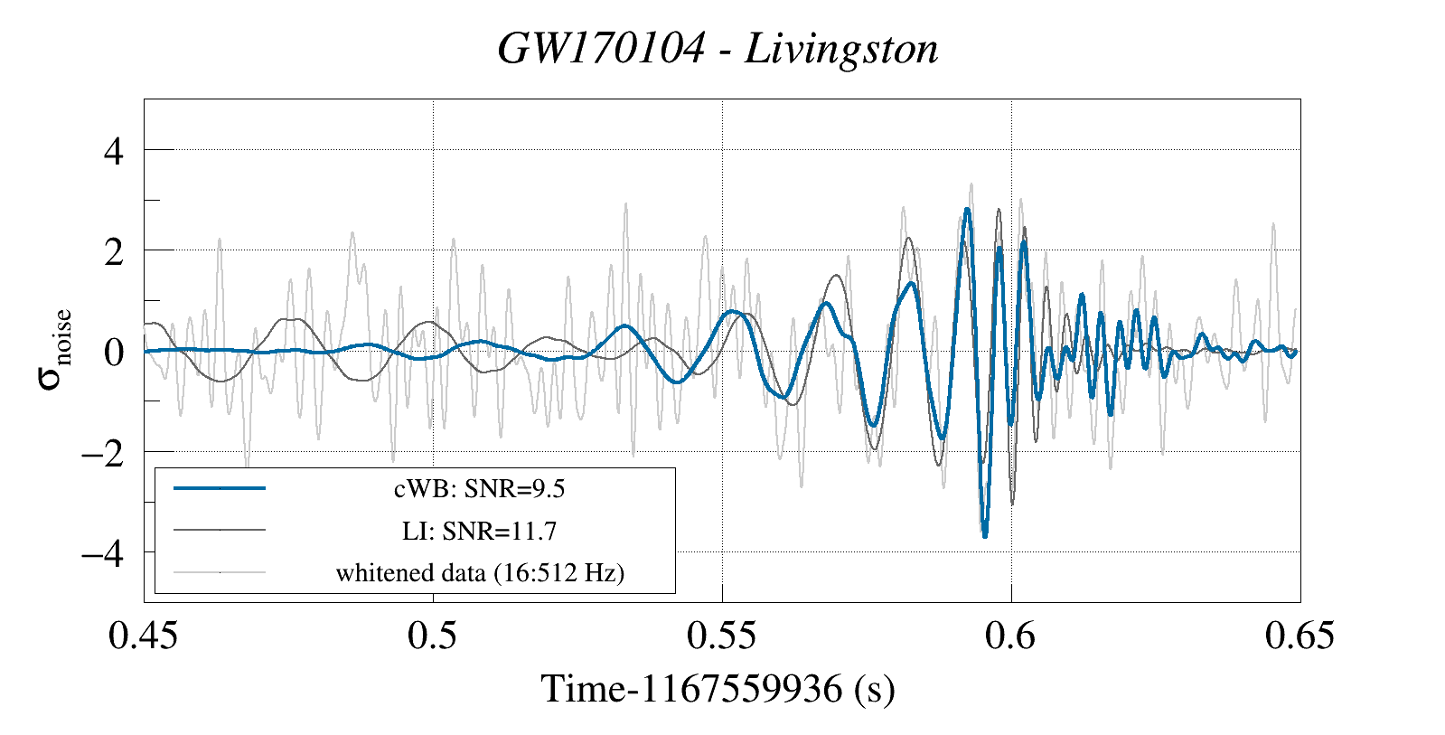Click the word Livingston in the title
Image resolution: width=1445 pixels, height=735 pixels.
841,49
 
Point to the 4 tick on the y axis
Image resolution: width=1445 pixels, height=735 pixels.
113,151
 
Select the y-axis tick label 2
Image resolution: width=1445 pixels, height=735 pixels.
113,251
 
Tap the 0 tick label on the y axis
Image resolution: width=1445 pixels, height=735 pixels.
113,352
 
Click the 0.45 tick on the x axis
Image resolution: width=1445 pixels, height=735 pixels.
144,636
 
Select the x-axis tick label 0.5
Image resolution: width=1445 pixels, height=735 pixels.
432,636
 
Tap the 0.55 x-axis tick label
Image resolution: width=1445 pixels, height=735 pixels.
721,636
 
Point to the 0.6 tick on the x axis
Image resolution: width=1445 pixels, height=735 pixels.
1010,636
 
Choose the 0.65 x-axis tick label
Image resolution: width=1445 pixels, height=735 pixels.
1300,636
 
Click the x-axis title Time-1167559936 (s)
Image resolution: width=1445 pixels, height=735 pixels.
718,689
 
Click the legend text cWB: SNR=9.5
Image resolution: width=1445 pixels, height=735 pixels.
479,489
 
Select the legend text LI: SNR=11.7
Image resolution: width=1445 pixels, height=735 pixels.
479,531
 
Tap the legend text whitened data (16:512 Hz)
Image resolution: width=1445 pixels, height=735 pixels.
480,573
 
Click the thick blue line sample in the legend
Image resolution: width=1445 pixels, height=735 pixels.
220,488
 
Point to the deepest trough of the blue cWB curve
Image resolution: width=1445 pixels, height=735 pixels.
985,536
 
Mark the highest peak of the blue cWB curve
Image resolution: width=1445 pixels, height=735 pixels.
967,210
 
